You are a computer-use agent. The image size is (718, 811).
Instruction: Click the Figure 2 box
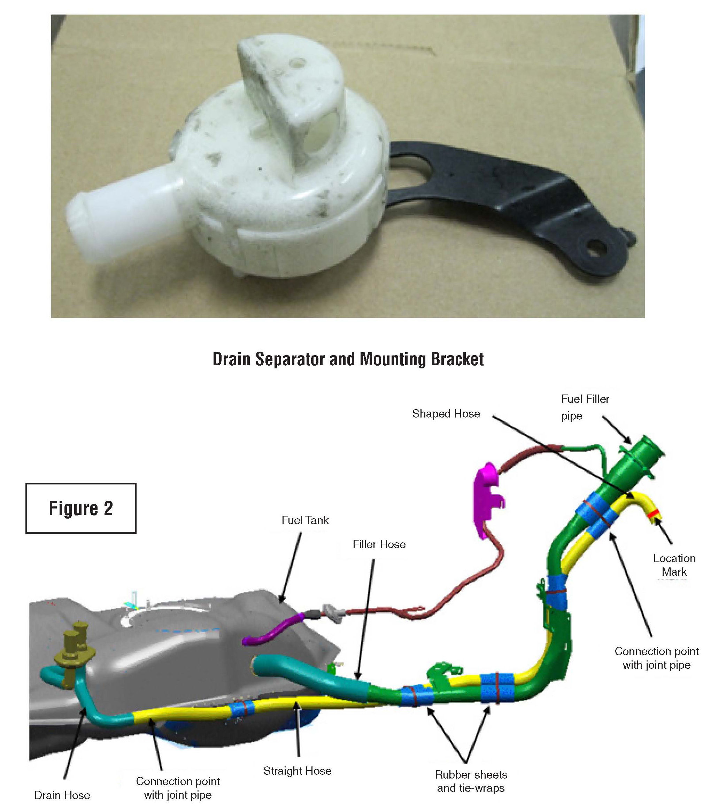point(80,508)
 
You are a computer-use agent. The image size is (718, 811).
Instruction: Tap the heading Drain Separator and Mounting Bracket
point(348,359)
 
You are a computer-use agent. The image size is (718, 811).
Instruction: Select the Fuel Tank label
point(305,520)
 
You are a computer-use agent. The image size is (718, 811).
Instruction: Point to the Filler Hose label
point(379,544)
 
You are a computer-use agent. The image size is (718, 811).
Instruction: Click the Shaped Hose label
point(446,413)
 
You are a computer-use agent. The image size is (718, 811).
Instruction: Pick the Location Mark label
point(674,565)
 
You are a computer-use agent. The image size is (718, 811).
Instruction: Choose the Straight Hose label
point(297,771)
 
